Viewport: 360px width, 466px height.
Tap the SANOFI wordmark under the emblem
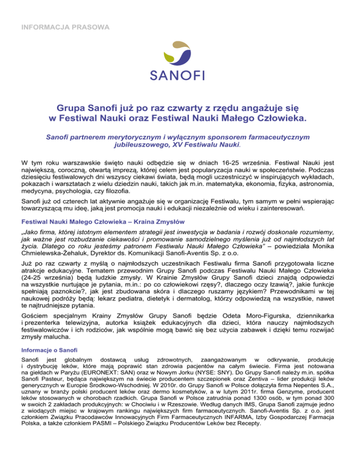(180, 75)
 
